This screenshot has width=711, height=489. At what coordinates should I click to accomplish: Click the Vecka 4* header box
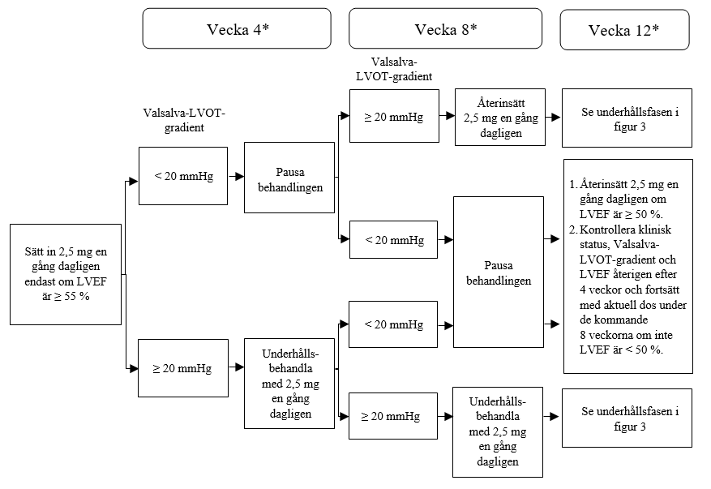(237, 28)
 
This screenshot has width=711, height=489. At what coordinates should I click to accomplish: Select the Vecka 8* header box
(445, 28)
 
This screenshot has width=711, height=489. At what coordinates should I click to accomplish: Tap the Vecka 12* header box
(624, 30)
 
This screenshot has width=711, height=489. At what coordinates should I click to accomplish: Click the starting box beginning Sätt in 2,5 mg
(66, 274)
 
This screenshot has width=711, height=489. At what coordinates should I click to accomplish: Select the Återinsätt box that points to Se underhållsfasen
(500, 117)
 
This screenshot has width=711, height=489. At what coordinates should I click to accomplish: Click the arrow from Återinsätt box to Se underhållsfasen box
(553, 117)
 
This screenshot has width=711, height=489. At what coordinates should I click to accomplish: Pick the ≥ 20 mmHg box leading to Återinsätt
(394, 116)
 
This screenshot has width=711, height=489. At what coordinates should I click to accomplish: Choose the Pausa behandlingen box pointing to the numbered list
(499, 272)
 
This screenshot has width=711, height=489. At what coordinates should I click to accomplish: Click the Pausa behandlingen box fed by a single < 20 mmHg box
(289, 178)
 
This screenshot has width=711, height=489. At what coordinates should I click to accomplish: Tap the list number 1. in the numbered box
(574, 184)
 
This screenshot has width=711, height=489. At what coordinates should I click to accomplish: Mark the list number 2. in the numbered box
(574, 229)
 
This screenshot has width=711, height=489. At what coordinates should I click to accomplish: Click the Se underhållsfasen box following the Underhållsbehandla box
(627, 418)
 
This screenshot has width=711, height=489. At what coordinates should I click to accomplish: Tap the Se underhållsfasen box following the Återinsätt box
(627, 118)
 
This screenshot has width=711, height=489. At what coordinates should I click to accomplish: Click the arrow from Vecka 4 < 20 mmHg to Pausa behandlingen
(236, 176)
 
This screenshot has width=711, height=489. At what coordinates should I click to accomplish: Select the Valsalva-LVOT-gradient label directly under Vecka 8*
(394, 69)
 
